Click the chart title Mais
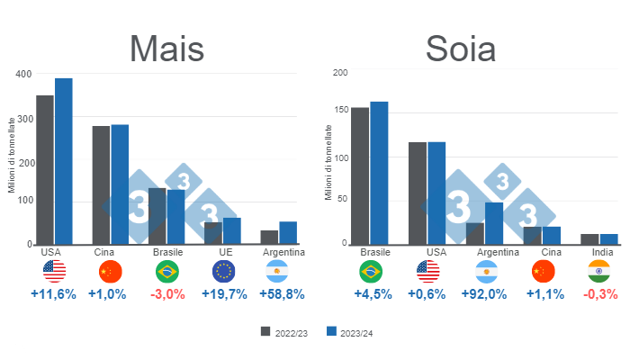166,48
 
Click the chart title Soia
461,48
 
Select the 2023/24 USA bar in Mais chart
64,161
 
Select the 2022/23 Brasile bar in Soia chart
359,175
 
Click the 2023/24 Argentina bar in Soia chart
494,223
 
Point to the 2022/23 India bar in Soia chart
589,238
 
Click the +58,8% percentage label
282,293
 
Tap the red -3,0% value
167,293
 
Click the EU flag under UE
225,271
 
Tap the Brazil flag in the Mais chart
167,271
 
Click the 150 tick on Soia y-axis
340,111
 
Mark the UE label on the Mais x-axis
225,252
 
